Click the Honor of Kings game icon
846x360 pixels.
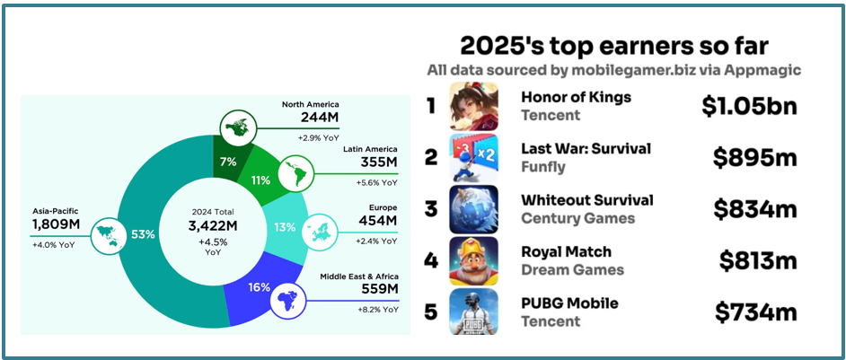pyautogui.click(x=474, y=106)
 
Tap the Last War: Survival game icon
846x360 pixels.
pyautogui.click(x=474, y=157)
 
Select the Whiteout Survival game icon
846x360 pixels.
pyautogui.click(x=474, y=209)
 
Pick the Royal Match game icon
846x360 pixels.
pyautogui.click(x=474, y=260)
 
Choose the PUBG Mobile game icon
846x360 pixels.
pyautogui.click(x=474, y=312)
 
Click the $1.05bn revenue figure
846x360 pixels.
pyautogui.click(x=750, y=107)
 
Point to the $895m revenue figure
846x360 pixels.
pyautogui.click(x=755, y=158)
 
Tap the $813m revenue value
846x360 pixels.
pyautogui.click(x=758, y=260)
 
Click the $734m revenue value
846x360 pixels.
pyautogui.click(x=756, y=312)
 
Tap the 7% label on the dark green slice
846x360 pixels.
pyautogui.click(x=226, y=162)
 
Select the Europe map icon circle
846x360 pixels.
pyautogui.click(x=322, y=229)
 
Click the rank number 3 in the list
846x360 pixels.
pyautogui.click(x=431, y=209)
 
